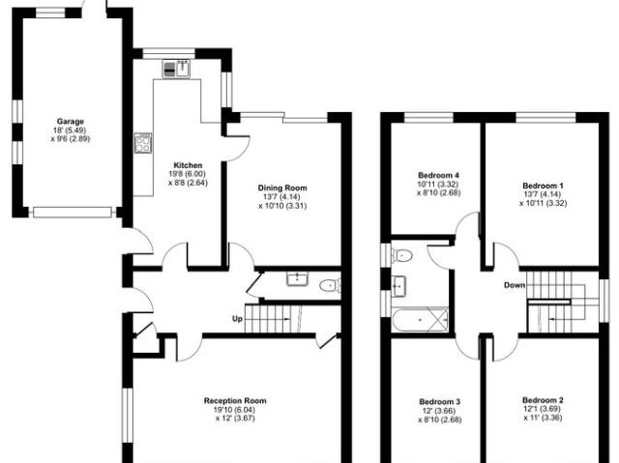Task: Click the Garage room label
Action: (x=71, y=122)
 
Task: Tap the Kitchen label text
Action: (x=188, y=165)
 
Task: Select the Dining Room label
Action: (x=282, y=188)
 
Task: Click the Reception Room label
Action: (x=235, y=401)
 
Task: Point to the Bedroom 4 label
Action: (x=438, y=175)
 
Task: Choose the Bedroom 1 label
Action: (x=544, y=186)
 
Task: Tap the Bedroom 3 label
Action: (x=440, y=402)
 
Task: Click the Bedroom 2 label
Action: (x=543, y=400)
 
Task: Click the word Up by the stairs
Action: (x=237, y=319)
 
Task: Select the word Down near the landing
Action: (x=515, y=285)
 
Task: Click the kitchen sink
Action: (x=176, y=69)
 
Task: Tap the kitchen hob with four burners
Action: (x=143, y=143)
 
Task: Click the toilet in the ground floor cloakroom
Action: (x=330, y=285)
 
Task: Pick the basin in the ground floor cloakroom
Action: (x=297, y=278)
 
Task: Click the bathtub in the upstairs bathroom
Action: (x=420, y=319)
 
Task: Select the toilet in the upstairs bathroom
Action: (x=401, y=255)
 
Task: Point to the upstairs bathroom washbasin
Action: (x=398, y=285)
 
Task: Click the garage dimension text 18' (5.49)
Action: (x=71, y=130)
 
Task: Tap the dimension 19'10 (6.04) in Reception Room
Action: (x=234, y=410)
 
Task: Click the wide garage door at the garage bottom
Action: (x=73, y=213)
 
